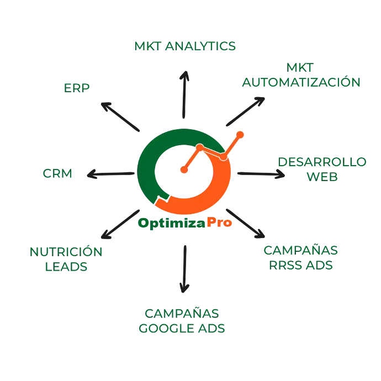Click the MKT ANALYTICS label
[x=185, y=46]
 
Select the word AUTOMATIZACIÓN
[x=301, y=83]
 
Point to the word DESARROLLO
[x=322, y=162]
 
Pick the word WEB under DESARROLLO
[x=322, y=177]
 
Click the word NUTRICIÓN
[x=66, y=251]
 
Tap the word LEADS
[x=66, y=267]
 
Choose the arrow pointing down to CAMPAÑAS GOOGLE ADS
[x=184, y=268]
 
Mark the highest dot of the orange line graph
[x=240, y=134]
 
